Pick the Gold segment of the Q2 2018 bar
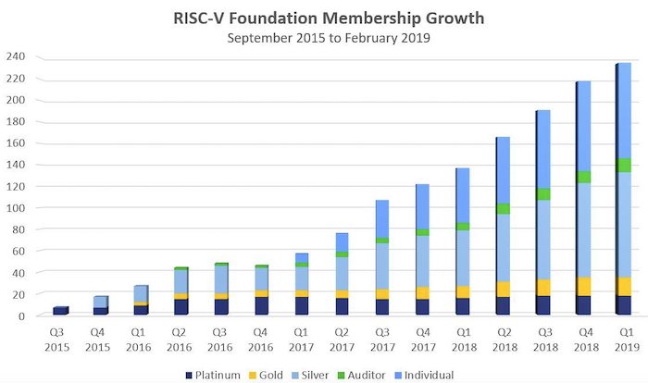click(503, 289)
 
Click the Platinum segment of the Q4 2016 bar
click(261, 306)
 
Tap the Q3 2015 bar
click(60, 311)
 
